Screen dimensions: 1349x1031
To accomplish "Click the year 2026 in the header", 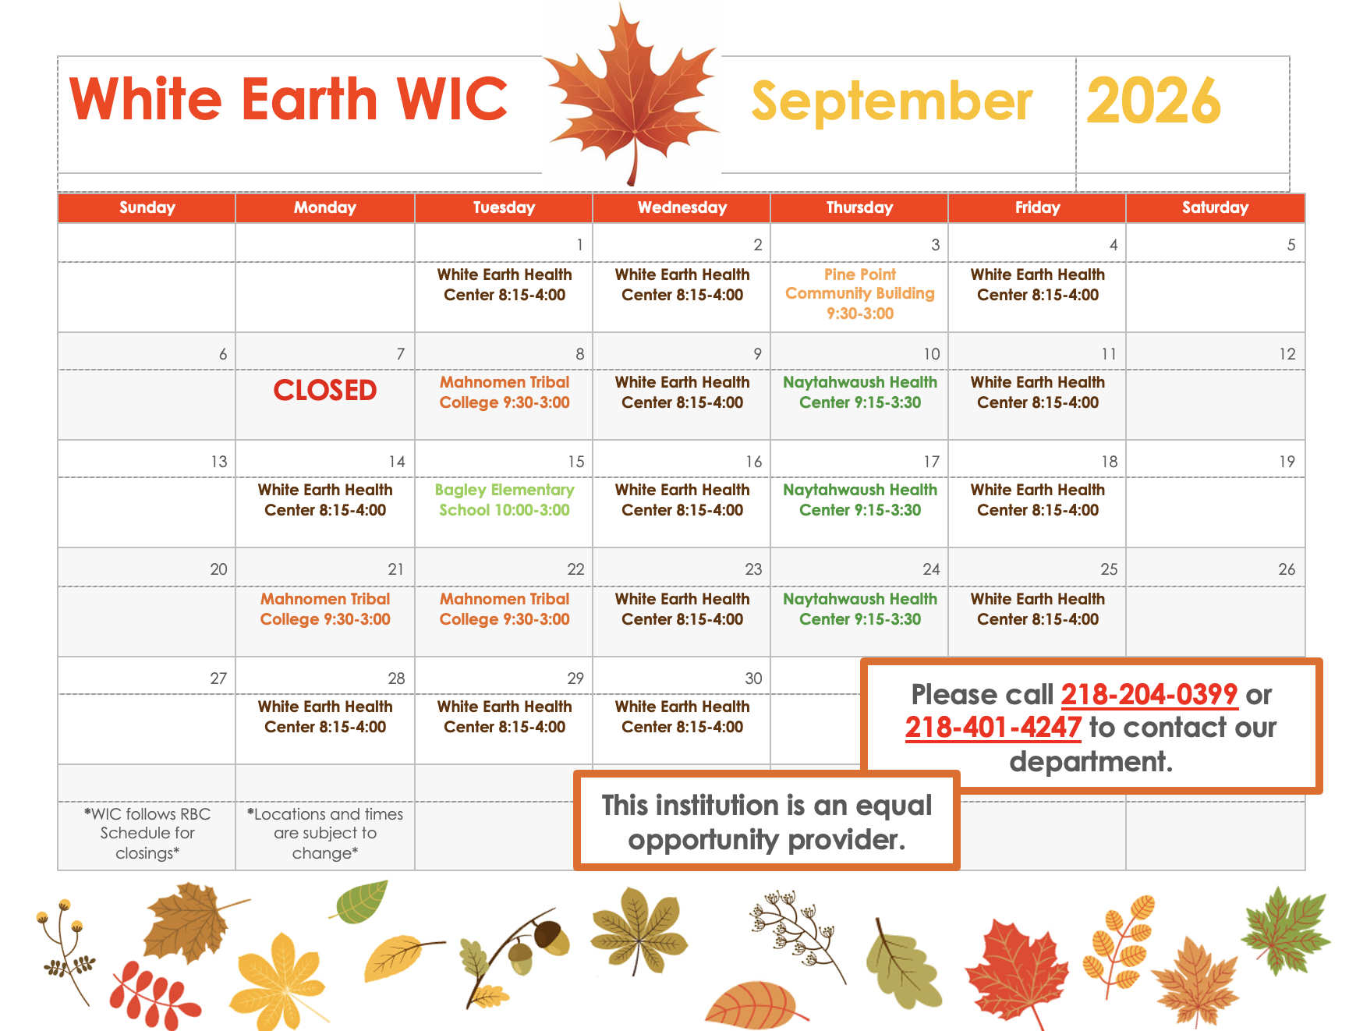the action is coord(1153,101).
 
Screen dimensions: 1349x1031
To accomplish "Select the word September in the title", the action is coord(891,102).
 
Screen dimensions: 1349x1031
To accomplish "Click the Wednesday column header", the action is coord(682,207).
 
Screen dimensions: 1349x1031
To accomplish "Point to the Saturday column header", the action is coord(1215,207).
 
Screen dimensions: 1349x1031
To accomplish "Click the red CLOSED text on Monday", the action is coord(325,390).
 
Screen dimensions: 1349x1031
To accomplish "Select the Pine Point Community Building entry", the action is coord(860,294).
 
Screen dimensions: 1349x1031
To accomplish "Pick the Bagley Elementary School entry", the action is coord(505,500).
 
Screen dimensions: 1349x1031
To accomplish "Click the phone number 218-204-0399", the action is coord(1149,694).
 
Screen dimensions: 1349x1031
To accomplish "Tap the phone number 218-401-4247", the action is coord(993,728).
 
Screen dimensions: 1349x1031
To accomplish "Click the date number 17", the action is coord(932,462).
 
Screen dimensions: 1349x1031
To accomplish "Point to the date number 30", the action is coord(753,678).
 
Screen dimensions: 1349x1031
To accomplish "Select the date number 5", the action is coord(1291,245).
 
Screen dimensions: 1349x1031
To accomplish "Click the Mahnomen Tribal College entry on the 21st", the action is coord(325,609).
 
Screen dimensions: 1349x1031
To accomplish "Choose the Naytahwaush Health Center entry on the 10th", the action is coord(860,392).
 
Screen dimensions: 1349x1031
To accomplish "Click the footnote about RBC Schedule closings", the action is coord(147,834).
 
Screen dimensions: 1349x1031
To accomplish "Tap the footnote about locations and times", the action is coord(325,834).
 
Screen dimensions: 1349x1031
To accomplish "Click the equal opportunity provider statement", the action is coord(767,822).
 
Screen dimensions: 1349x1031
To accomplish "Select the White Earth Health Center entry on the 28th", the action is coord(325,717).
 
